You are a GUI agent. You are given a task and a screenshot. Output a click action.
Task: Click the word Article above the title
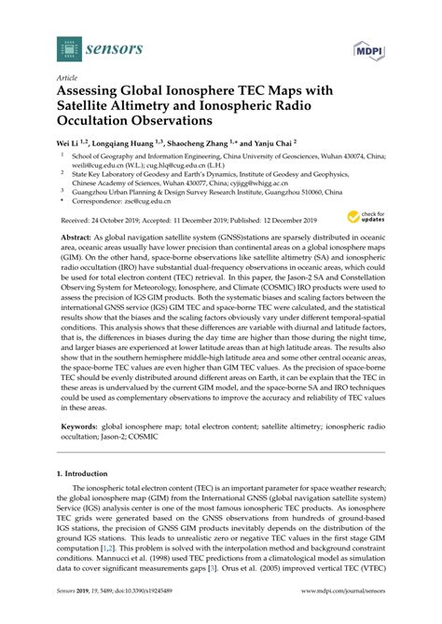pos(68,79)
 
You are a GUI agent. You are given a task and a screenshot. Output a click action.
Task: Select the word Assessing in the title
pos(95,93)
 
